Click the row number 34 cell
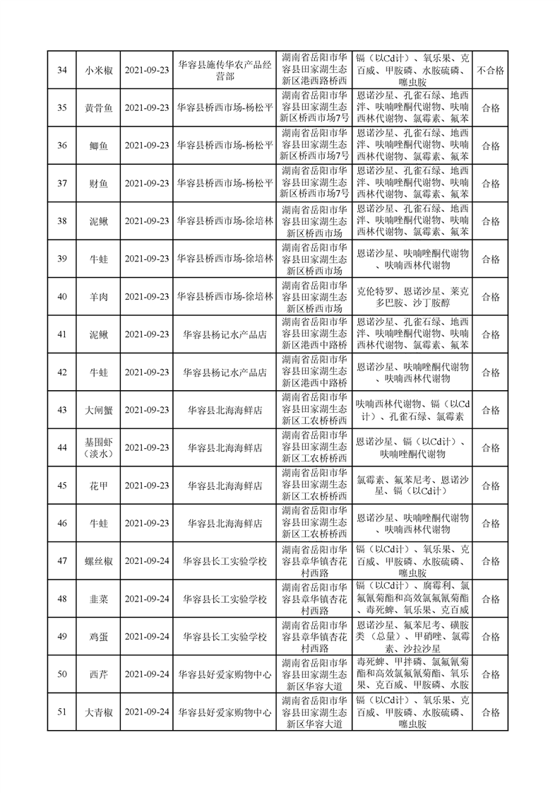click(61, 69)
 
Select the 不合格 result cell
click(490, 69)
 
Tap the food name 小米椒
click(98, 69)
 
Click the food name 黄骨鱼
click(98, 107)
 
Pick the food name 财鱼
click(98, 183)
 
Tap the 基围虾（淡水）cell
click(98, 447)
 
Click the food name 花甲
click(98, 486)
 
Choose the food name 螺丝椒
click(98, 561)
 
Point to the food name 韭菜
click(98, 599)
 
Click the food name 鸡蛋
click(98, 636)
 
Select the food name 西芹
click(98, 674)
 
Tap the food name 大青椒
click(98, 712)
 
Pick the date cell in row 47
click(147, 561)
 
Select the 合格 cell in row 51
click(490, 712)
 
